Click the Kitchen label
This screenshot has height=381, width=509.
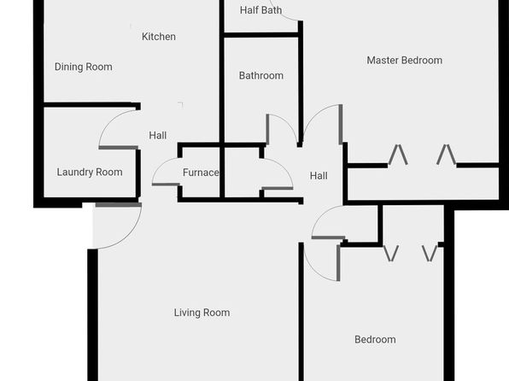click(159, 37)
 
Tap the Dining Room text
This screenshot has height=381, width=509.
click(84, 67)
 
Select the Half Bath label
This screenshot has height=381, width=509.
click(260, 10)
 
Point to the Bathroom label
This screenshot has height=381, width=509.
click(261, 76)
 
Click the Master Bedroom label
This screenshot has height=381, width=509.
click(405, 60)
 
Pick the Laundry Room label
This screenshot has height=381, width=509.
click(90, 173)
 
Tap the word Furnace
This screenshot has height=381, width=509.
click(201, 173)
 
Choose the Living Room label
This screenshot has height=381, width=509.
click(202, 313)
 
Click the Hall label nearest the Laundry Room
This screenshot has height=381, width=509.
click(158, 136)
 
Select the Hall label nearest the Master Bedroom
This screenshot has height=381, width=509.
click(319, 176)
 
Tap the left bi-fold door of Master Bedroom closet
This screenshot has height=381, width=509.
click(398, 155)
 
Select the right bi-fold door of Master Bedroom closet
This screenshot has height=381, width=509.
click(446, 155)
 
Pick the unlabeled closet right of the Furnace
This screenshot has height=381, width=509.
click(243, 173)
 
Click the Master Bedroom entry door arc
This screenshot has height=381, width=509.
click(314, 114)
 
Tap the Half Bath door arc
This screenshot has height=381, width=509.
click(284, 17)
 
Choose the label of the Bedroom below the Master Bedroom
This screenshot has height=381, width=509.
click(375, 340)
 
